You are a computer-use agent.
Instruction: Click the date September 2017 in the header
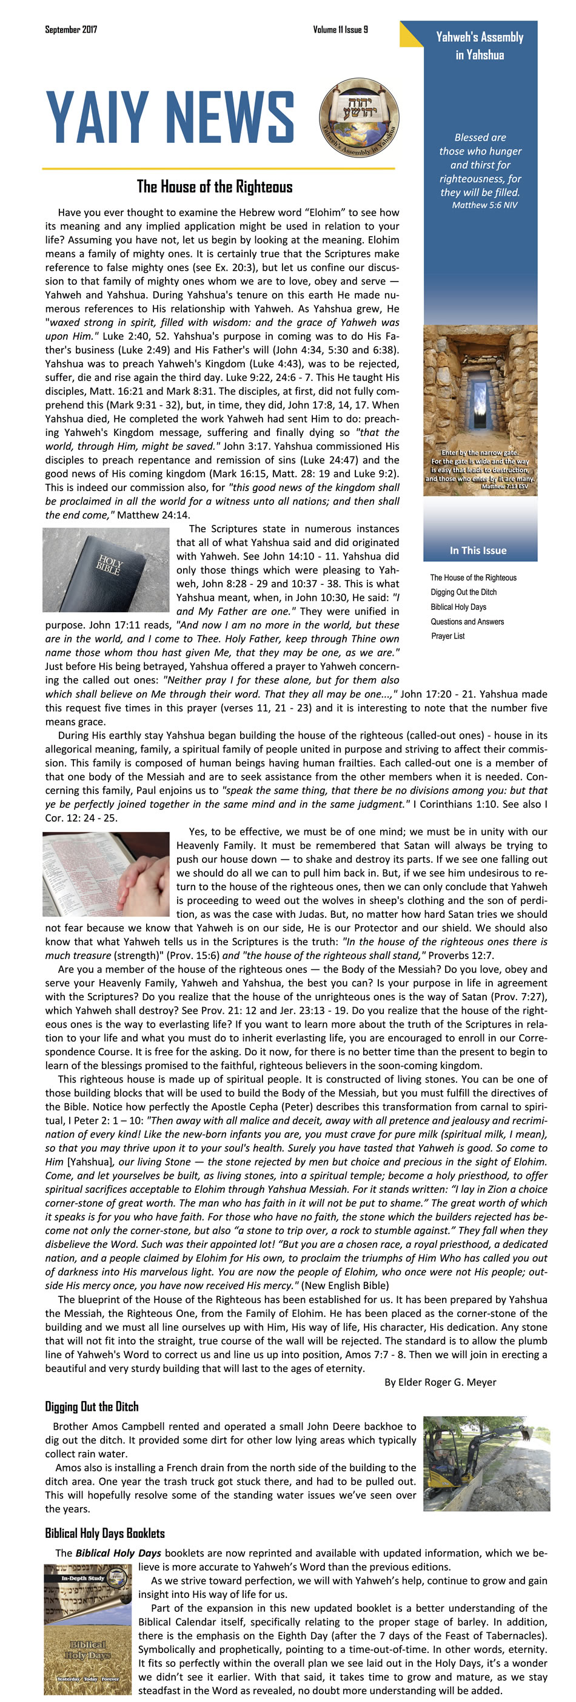tap(71, 29)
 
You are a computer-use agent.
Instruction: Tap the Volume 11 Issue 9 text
tap(340, 29)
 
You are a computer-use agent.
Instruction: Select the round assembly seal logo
tap(358, 117)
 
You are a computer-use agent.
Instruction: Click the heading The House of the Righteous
tap(214, 187)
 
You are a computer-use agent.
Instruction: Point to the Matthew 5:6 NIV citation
tap(484, 205)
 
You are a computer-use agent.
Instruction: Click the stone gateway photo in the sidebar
tap(480, 410)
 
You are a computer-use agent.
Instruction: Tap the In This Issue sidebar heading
tap(477, 550)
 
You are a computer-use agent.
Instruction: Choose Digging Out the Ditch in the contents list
tap(463, 592)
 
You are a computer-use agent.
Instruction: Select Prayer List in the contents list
tap(447, 636)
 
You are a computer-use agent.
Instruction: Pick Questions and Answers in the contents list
tap(467, 621)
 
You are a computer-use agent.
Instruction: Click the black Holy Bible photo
tap(106, 569)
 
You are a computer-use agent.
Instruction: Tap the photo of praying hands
tap(106, 874)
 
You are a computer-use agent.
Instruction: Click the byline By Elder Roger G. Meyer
tap(440, 1382)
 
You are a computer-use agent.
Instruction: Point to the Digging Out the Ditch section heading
tap(92, 1407)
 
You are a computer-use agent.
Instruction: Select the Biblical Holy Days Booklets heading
tap(104, 1533)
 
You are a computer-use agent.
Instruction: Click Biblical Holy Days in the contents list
tap(458, 607)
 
